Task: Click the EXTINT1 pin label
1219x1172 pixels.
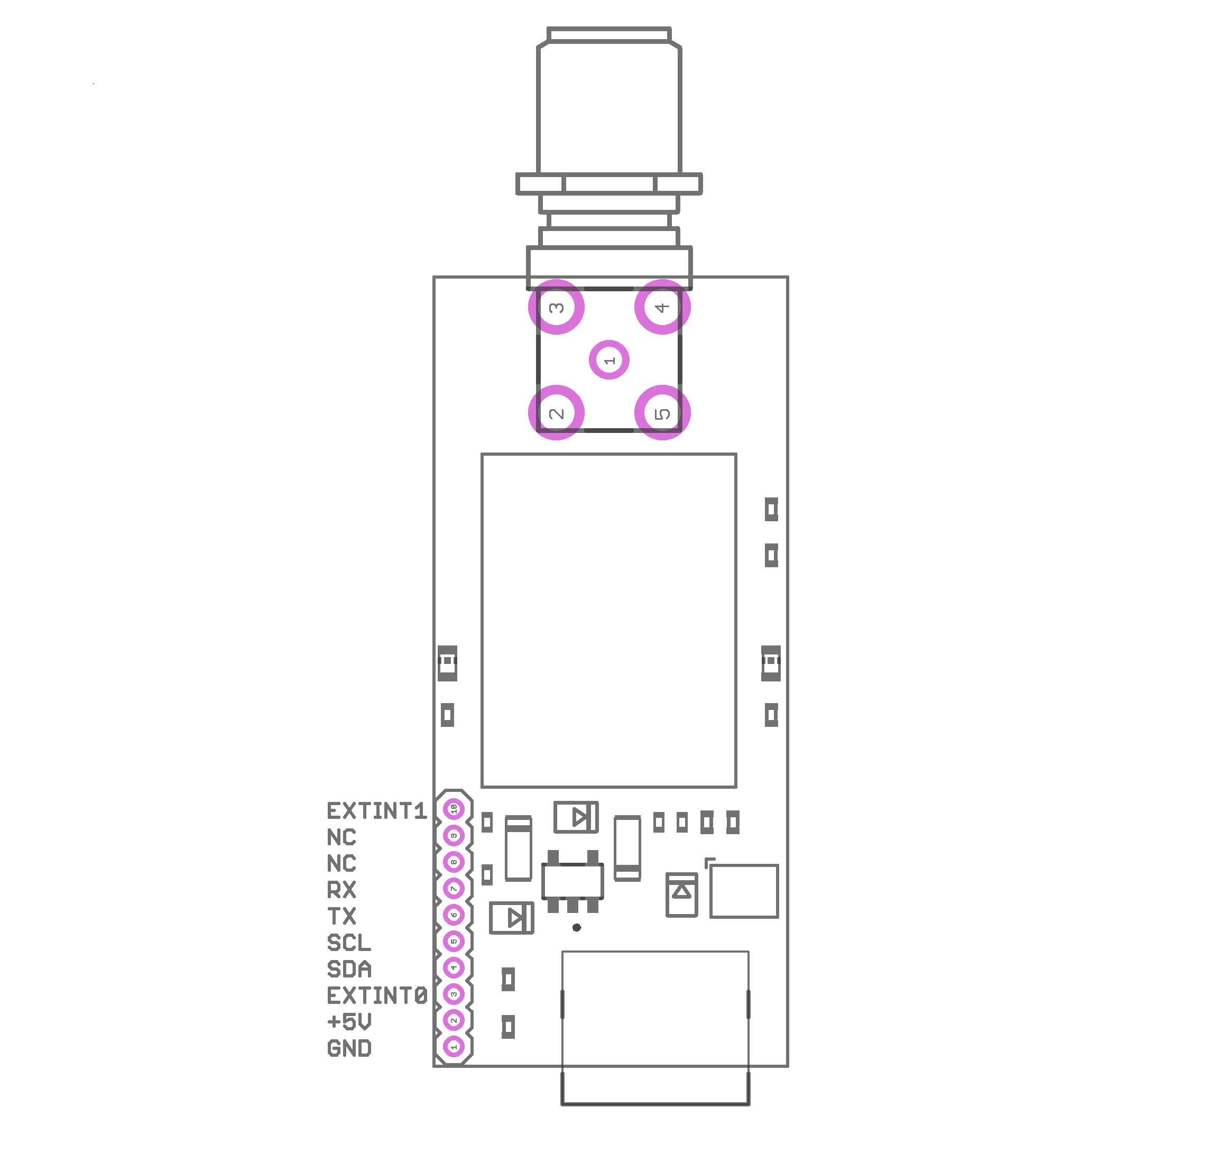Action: click(376, 810)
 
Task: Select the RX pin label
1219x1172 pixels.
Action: click(341, 890)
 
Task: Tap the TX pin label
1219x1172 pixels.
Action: click(341, 916)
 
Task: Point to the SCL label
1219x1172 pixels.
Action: click(349, 943)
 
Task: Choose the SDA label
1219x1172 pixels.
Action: click(349, 968)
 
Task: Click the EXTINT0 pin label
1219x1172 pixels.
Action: click(377, 995)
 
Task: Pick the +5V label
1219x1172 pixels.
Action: click(349, 1021)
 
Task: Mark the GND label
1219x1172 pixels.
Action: click(349, 1048)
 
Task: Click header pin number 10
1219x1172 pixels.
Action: click(454, 809)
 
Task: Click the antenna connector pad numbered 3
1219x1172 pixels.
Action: click(556, 307)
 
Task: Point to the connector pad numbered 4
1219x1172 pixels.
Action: click(662, 307)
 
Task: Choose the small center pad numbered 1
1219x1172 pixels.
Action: click(609, 359)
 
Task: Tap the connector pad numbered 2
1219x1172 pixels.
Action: click(556, 412)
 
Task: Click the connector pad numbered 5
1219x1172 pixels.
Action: click(662, 412)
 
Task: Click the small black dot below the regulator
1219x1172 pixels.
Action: click(577, 928)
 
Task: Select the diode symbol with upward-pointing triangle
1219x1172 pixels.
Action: click(681, 894)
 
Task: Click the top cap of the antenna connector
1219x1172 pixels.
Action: click(609, 34)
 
